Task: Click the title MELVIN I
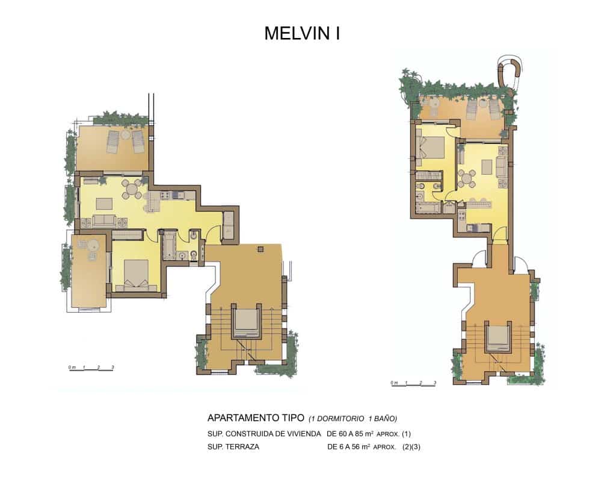(302, 34)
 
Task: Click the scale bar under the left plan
(91, 369)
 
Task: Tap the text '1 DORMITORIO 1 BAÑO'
(353, 418)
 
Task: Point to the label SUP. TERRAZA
(233, 447)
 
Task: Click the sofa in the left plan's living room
(103, 221)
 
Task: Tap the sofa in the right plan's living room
(460, 155)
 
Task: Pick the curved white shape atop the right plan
(512, 71)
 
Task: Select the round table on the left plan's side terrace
(93, 245)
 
